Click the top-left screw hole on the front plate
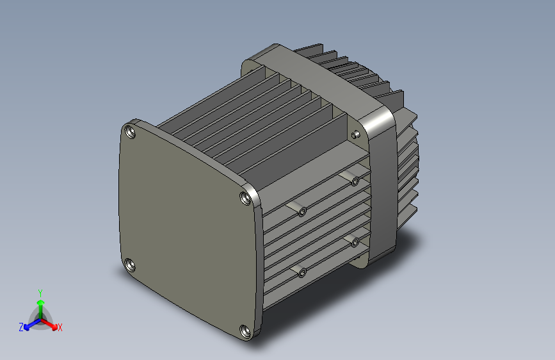click(x=131, y=133)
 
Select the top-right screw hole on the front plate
click(x=245, y=198)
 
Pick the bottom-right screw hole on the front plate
click(x=245, y=332)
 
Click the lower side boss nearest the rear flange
click(x=355, y=242)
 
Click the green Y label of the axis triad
click(x=40, y=291)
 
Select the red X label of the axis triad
click(x=60, y=328)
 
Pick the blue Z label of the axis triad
click(x=21, y=327)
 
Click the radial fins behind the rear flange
click(x=406, y=160)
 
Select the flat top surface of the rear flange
click(x=314, y=77)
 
